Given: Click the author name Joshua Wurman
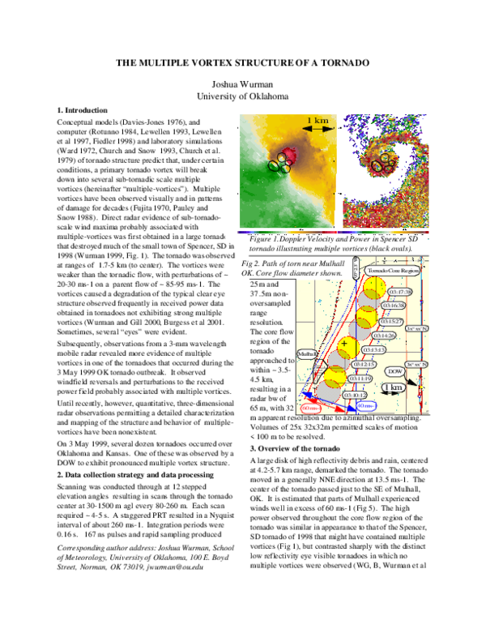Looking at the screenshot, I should (x=243, y=84).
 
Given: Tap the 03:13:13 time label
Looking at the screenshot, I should (x=374, y=349).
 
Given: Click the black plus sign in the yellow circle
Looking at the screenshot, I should (x=344, y=344).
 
